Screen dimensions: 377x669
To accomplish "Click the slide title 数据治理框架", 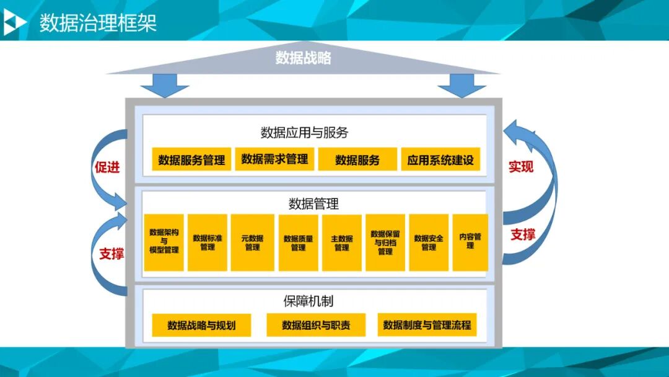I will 98,24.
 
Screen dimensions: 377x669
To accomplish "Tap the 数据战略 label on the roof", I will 304,58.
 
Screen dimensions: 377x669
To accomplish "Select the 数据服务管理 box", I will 191,160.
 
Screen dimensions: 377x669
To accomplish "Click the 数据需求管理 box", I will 274,159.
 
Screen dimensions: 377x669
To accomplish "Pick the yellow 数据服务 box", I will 357,160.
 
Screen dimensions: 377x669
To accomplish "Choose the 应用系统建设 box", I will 440,160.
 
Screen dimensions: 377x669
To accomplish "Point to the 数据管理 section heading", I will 313,204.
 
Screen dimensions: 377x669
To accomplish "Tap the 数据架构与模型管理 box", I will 164,242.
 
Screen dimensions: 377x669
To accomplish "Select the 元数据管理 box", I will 252,242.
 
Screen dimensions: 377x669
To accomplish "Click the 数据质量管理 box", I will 298,242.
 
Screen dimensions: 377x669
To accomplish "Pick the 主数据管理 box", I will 341,242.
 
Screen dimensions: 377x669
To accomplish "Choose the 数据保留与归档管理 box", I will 385,242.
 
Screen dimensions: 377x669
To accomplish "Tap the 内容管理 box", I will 470,241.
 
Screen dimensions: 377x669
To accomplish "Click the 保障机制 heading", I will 308,301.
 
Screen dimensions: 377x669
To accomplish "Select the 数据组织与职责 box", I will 316,325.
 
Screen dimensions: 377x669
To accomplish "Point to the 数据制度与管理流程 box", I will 427,325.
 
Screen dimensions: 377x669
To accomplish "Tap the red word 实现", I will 521,167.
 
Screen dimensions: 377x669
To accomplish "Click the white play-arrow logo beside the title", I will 15,24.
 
